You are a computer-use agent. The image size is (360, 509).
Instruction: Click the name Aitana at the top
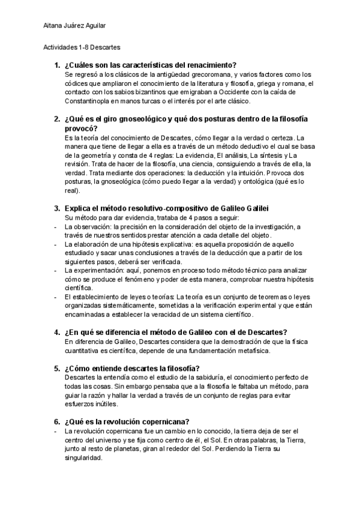[53, 26]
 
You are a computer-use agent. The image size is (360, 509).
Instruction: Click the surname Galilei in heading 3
[253, 208]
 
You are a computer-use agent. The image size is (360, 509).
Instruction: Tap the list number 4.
[57, 333]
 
